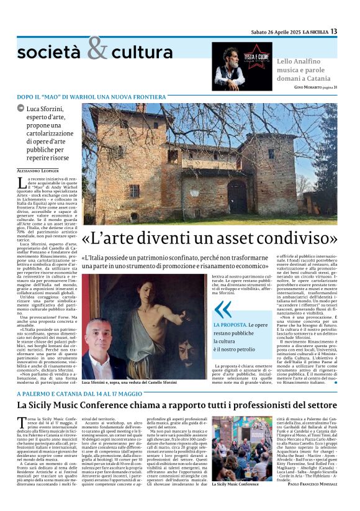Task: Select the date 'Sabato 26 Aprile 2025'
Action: click(276, 32)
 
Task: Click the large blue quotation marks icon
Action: click(222, 309)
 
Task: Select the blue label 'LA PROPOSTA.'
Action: click(232, 325)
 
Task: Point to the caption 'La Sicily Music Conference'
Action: click(235, 500)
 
